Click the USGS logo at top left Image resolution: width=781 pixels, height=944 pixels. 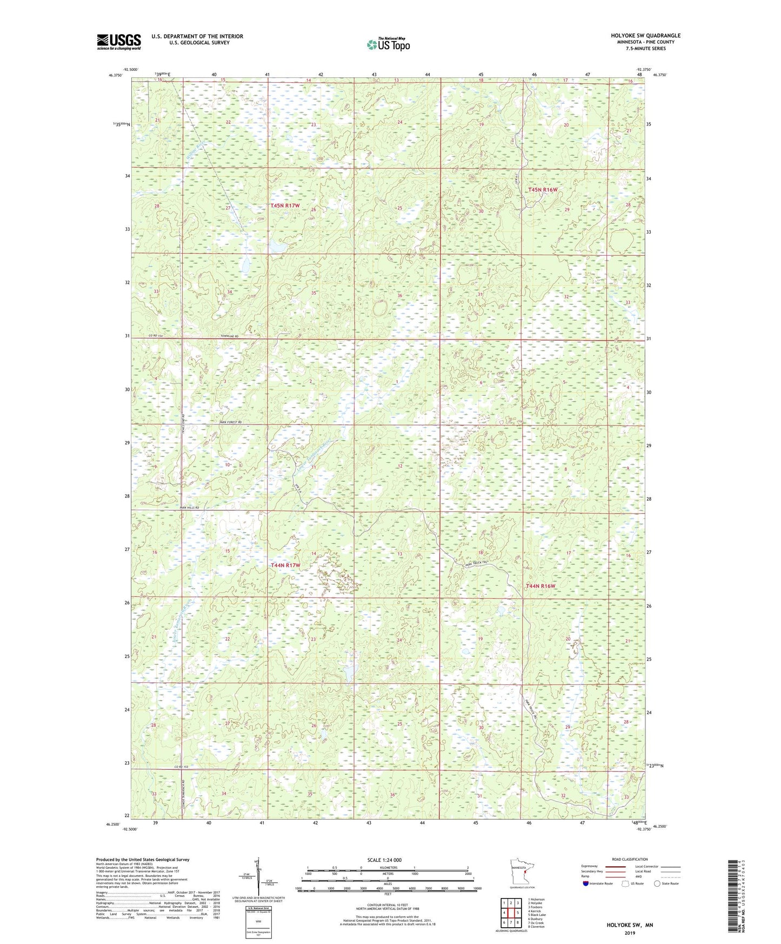118,42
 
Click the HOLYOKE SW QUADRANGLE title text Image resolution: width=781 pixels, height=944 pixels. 645,36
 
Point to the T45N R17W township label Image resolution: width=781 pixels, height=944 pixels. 285,205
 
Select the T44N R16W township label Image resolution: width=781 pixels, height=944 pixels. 540,586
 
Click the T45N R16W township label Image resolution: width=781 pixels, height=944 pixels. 542,190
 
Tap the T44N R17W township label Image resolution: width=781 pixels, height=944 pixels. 285,565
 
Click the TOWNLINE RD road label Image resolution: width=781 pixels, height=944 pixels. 229,336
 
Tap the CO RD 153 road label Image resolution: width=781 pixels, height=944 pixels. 184,767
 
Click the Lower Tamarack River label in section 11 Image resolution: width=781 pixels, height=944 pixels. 314,457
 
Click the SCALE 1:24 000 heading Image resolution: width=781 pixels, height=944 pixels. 384,860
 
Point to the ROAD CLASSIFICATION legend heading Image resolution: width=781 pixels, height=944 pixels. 629,859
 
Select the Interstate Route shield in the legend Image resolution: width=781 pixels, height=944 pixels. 586,883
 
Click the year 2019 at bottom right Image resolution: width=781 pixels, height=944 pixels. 629,933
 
